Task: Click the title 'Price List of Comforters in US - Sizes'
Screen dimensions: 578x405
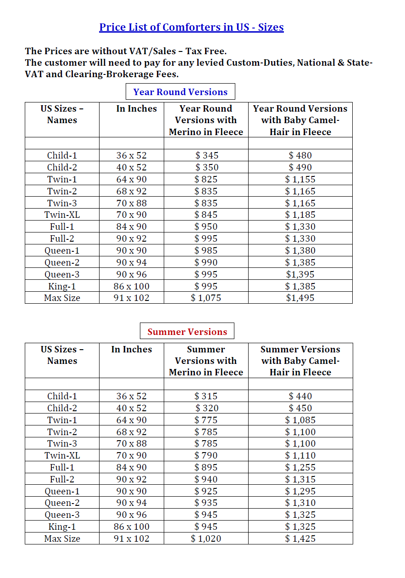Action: tap(191, 27)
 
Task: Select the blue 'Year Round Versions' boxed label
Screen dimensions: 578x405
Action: tap(180, 92)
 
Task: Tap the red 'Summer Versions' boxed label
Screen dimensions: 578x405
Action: tap(187, 332)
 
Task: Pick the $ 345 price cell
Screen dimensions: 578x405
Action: tap(206, 155)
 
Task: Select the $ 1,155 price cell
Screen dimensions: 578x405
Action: tap(300, 179)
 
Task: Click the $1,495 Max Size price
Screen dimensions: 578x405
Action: tap(300, 298)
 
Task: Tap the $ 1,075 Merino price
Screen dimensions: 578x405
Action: tap(206, 298)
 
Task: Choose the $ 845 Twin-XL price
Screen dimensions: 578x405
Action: tap(206, 215)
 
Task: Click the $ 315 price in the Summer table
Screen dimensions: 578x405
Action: tap(206, 396)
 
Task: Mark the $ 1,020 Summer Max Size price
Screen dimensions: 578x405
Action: tap(206, 538)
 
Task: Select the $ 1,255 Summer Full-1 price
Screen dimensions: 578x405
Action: tap(300, 467)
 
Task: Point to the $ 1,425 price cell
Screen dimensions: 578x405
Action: tap(300, 538)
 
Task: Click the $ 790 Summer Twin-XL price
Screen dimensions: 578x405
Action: tap(206, 455)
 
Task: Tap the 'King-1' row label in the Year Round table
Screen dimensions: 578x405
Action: tap(62, 286)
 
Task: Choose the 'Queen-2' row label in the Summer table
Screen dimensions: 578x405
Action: tap(62, 503)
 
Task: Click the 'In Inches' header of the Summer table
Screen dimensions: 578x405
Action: tap(131, 349)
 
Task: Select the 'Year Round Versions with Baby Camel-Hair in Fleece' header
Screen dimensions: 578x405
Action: tap(300, 120)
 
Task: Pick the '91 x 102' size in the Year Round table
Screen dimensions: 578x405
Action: tap(131, 298)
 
